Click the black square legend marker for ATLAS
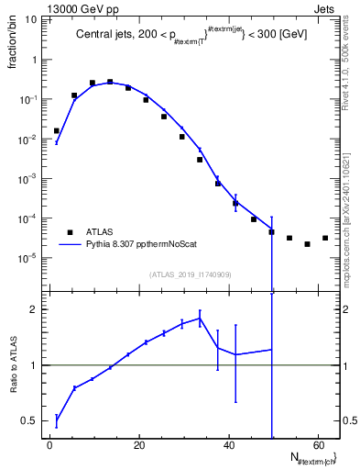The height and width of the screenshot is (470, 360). click(x=70, y=232)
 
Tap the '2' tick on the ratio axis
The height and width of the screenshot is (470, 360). click(x=34, y=309)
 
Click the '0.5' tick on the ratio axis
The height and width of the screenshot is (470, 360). click(x=29, y=420)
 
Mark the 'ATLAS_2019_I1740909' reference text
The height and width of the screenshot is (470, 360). click(x=191, y=274)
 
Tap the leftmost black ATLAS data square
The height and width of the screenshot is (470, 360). click(x=56, y=130)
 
